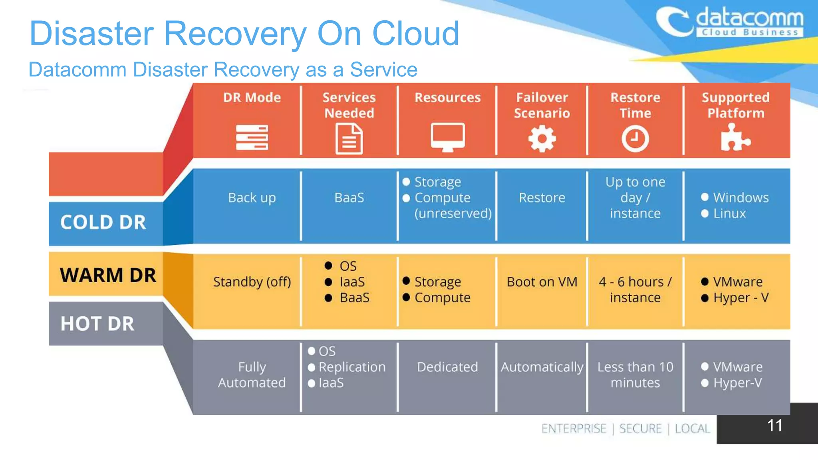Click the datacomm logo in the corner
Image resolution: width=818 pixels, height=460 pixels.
pyautogui.click(x=729, y=22)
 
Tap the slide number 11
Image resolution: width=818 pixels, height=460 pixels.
pyautogui.click(x=774, y=425)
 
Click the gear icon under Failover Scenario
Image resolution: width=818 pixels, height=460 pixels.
pyautogui.click(x=542, y=139)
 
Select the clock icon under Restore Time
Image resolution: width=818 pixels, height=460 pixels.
pyautogui.click(x=635, y=139)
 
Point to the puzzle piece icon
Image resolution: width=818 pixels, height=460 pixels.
pyautogui.click(x=735, y=138)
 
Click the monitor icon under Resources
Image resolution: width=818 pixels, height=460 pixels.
pyautogui.click(x=447, y=137)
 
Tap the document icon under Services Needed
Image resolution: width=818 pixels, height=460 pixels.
pyautogui.click(x=349, y=139)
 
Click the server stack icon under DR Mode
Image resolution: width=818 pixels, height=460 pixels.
pyautogui.click(x=252, y=137)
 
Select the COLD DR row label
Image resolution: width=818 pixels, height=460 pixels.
pyautogui.click(x=103, y=222)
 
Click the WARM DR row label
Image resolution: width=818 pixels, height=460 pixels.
pyautogui.click(x=108, y=275)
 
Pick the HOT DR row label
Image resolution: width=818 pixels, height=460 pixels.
pyautogui.click(x=97, y=323)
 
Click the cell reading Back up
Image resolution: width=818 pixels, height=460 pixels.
pyautogui.click(x=252, y=198)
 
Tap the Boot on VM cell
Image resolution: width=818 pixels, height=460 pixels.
pyautogui.click(x=542, y=282)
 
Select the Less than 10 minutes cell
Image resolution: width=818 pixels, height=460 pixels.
pyautogui.click(x=635, y=375)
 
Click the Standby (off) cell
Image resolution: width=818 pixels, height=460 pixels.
pyautogui.click(x=252, y=282)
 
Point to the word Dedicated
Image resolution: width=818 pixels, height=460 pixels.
pyautogui.click(x=447, y=367)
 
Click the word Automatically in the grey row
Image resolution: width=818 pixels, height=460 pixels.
pyautogui.click(x=542, y=367)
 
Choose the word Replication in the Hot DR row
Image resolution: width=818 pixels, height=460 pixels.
pyautogui.click(x=352, y=367)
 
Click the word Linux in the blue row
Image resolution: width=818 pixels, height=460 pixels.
pyautogui.click(x=729, y=214)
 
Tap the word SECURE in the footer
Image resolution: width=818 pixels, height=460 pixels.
pyautogui.click(x=640, y=428)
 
